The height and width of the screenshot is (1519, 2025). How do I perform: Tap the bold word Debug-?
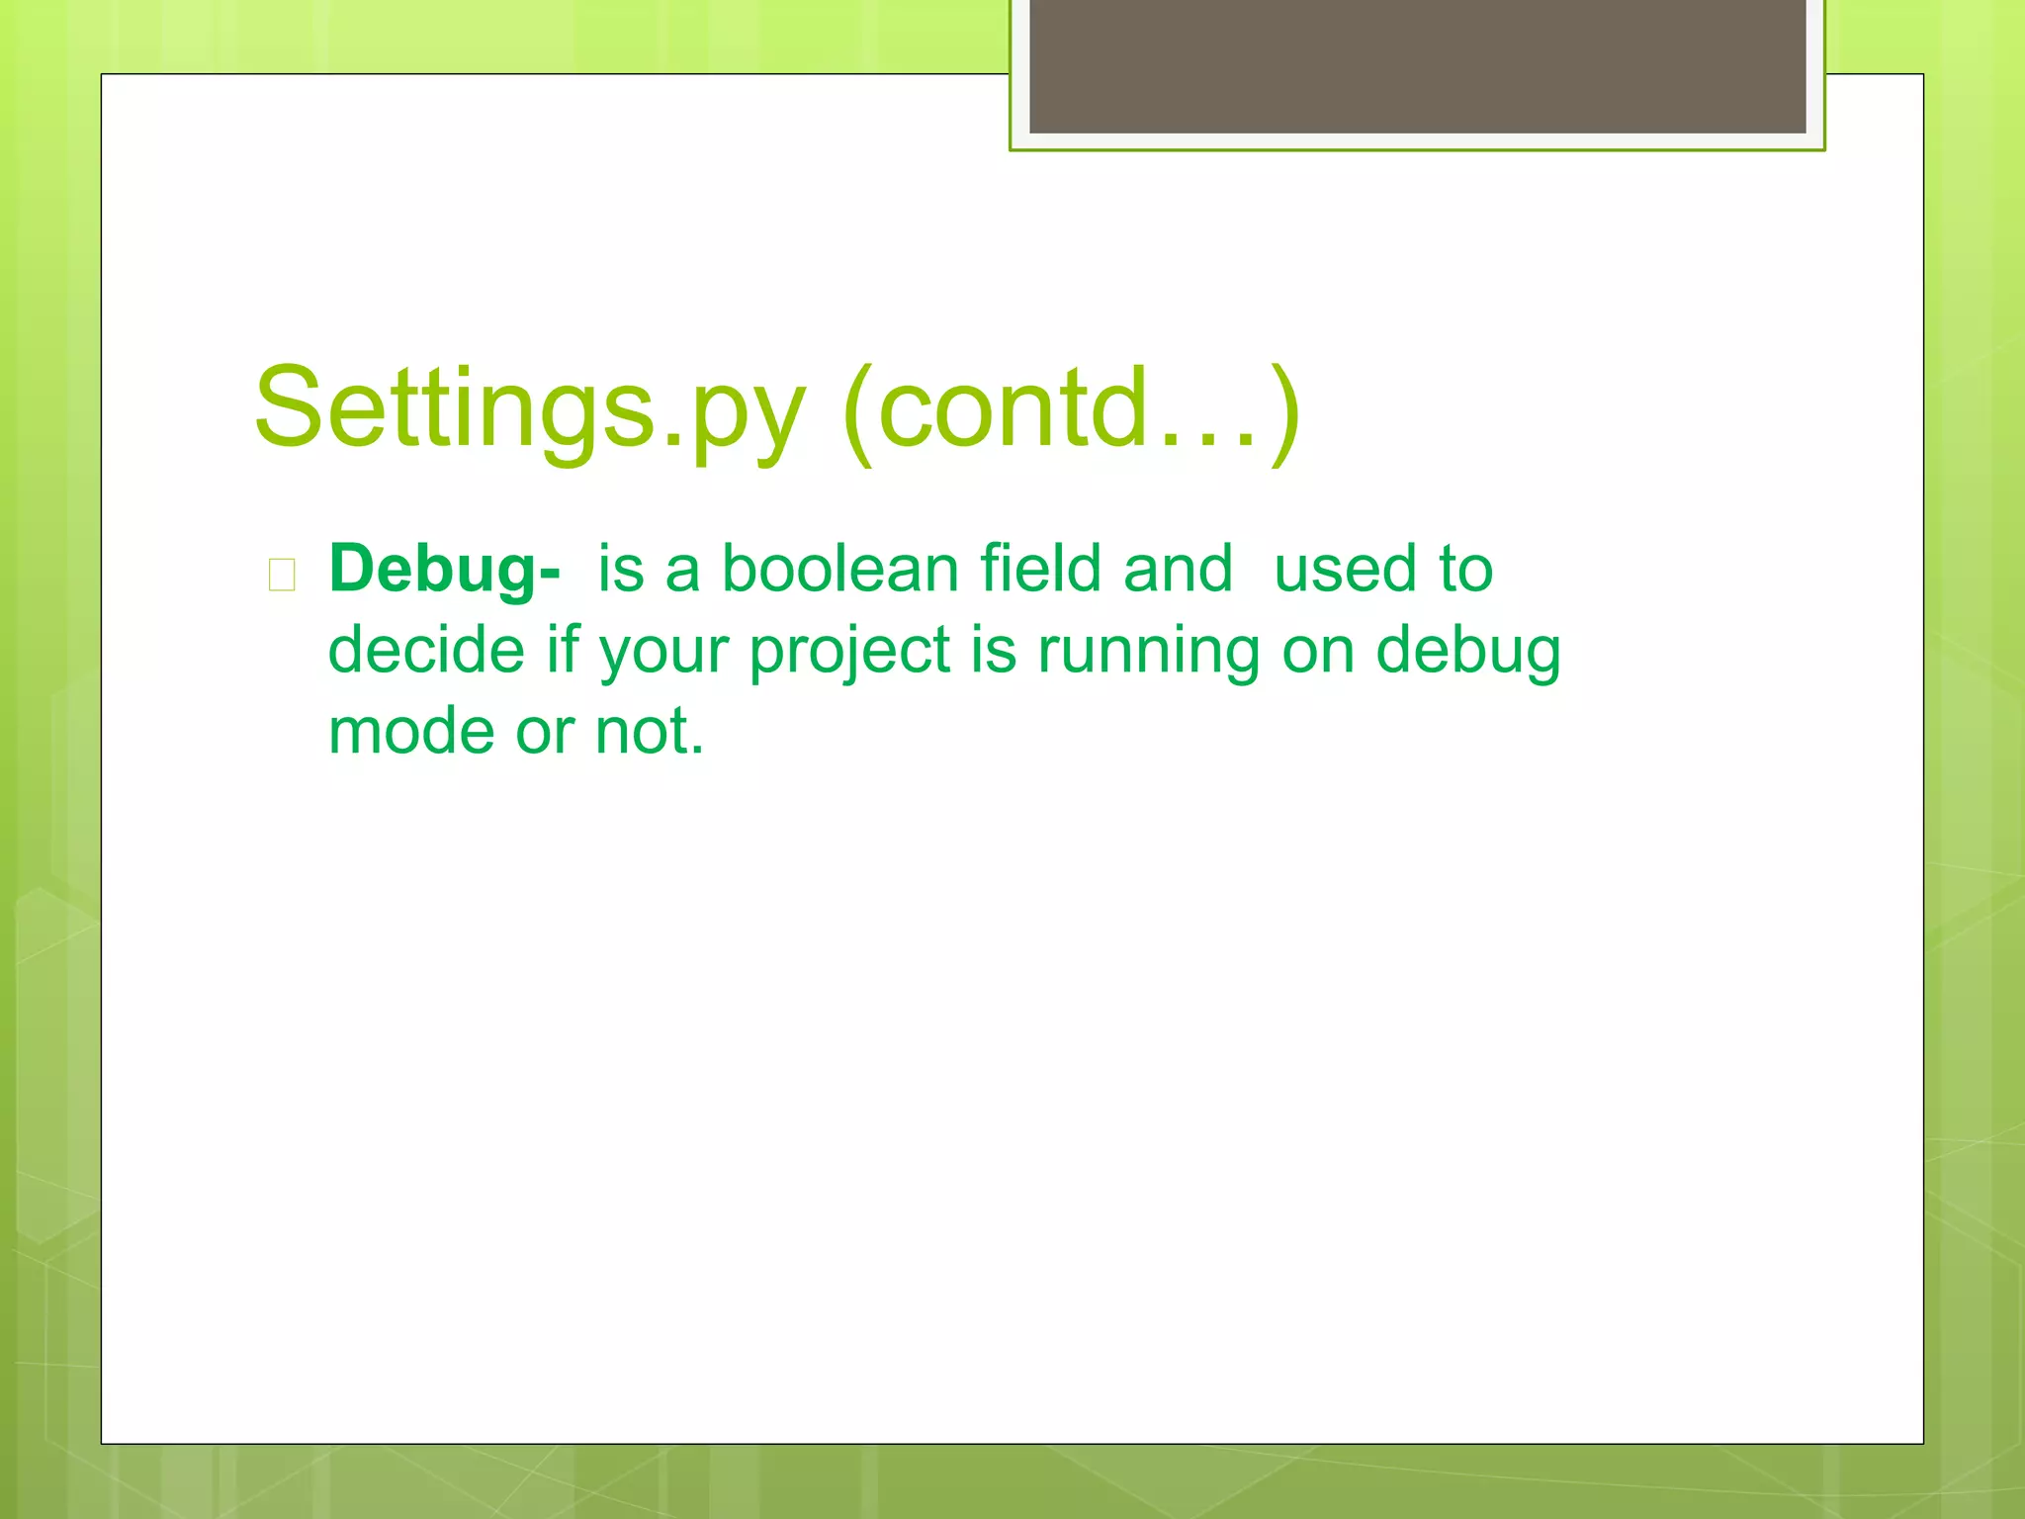[x=445, y=571]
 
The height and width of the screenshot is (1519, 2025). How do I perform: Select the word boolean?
[x=840, y=570]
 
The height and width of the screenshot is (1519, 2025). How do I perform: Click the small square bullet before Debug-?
[x=282, y=575]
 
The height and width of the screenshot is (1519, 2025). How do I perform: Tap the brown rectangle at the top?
[x=1417, y=65]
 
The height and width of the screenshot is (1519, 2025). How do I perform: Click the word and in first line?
[x=1178, y=570]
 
